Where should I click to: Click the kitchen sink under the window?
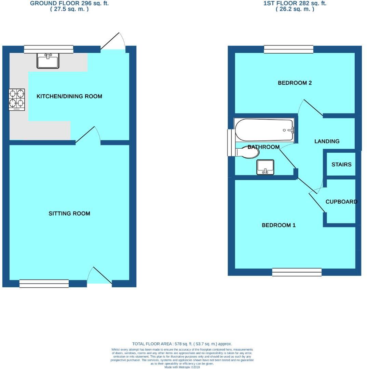[x=48, y=61]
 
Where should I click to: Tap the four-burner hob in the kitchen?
[x=17, y=99]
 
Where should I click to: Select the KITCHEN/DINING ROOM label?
[x=69, y=96]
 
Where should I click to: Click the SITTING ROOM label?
[x=69, y=214]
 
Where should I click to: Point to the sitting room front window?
[x=44, y=284]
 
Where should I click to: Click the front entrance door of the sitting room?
[x=99, y=276]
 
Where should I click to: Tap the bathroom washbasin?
[x=265, y=167]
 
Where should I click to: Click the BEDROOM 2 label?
[x=295, y=83]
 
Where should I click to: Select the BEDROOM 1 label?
[x=278, y=225]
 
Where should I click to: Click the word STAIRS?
[x=341, y=165]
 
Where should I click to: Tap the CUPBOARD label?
[x=341, y=202]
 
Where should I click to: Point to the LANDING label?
[x=327, y=141]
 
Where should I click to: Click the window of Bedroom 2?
[x=289, y=50]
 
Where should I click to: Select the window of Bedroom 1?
[x=297, y=272]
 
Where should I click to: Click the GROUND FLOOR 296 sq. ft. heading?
[x=69, y=3]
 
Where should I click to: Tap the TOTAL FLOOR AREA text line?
[x=182, y=344]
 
